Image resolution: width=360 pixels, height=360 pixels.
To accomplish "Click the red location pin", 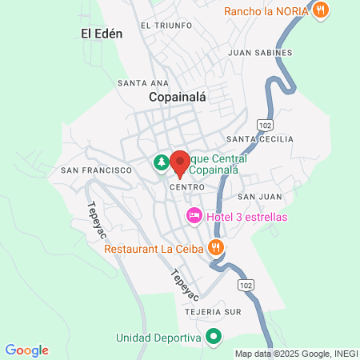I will tap(179, 162).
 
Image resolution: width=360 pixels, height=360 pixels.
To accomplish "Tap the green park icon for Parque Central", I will tap(161, 163).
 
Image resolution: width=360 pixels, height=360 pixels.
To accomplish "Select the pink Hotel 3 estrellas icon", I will tap(193, 216).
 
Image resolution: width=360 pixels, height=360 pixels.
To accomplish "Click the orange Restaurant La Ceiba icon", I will tap(214, 247).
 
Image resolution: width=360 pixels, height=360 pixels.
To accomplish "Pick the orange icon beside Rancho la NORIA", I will tap(319, 10).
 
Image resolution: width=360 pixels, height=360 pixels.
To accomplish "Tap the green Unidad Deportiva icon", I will tap(214, 338).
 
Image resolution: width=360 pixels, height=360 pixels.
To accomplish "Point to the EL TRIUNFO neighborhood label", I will tap(166, 26).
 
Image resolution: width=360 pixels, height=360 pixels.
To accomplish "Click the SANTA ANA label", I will tap(142, 82).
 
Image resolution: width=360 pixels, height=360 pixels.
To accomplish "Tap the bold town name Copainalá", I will tap(178, 97).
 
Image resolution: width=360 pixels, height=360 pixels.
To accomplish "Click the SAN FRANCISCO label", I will tap(95, 170).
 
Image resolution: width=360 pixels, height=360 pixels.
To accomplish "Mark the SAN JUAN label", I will tap(258, 196).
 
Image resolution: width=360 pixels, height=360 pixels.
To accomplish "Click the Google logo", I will tap(26, 350).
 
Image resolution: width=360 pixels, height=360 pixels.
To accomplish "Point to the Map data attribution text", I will tap(296, 353).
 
